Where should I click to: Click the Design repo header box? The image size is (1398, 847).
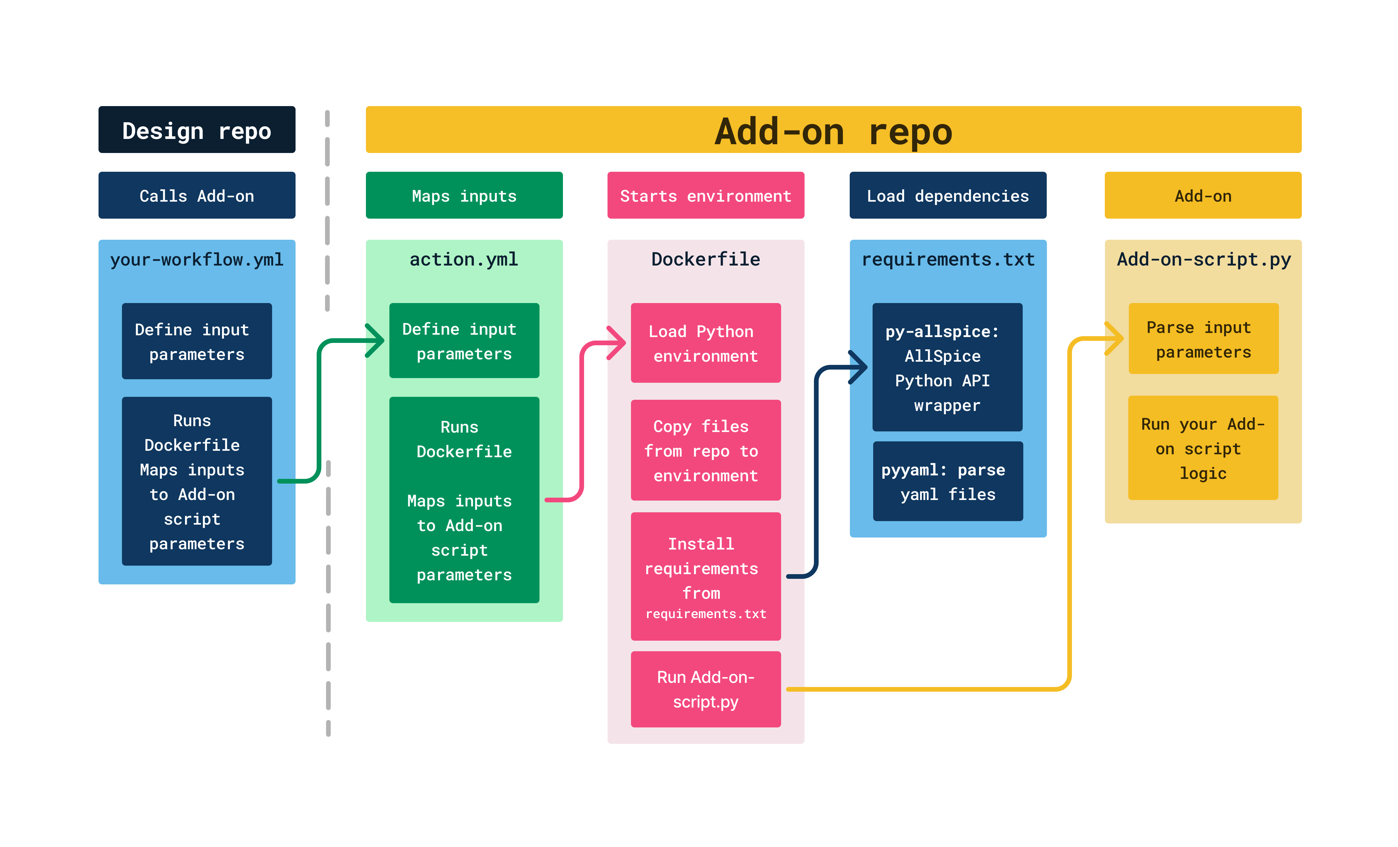[x=196, y=130]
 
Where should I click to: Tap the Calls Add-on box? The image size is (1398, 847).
[x=196, y=196]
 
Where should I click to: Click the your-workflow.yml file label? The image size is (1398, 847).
[x=196, y=260]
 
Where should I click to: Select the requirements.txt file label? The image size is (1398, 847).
[x=948, y=260]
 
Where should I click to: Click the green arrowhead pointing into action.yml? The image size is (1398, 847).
[x=377, y=340]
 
